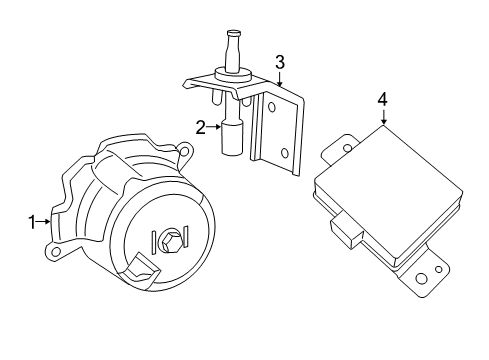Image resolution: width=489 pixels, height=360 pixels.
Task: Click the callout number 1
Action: [32, 220]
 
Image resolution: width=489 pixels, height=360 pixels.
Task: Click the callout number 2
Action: [201, 127]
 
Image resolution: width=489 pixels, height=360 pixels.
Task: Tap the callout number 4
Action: [382, 98]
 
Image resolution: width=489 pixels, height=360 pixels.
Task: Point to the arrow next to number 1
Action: [45, 220]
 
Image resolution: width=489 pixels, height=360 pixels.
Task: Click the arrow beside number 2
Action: [213, 127]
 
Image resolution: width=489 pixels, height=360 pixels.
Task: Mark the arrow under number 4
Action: [382, 117]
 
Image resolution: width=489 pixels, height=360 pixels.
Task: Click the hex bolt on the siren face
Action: [168, 241]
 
